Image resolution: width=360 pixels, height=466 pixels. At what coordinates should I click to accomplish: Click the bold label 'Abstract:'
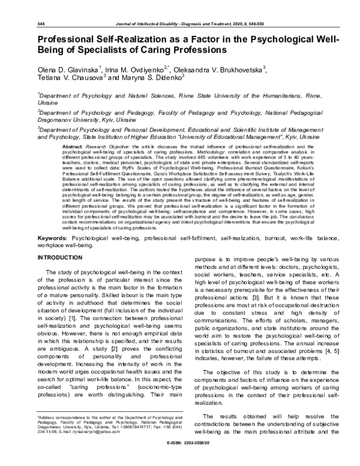pos(73,146)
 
